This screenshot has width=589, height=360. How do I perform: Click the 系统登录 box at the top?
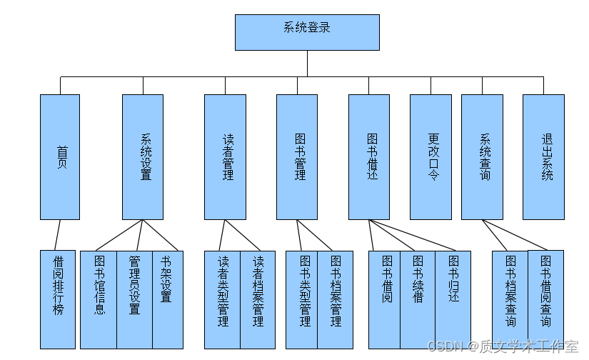(x=307, y=32)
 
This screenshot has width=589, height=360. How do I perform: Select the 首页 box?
(x=60, y=157)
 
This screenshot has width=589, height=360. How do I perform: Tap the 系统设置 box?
(x=143, y=157)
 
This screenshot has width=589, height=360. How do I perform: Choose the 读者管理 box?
(x=225, y=157)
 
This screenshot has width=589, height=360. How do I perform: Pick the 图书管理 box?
(x=297, y=157)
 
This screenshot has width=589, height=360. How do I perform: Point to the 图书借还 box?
(x=369, y=157)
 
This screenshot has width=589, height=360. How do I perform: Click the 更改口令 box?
(x=431, y=157)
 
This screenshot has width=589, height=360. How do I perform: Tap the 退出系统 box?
(x=543, y=157)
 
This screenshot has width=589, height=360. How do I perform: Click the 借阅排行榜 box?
(x=58, y=299)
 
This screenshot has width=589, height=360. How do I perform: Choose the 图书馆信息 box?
(x=99, y=299)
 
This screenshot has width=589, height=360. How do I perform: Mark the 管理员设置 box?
(x=134, y=299)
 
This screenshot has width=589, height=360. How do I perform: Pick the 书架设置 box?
(x=167, y=299)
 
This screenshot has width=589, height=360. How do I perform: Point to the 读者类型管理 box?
(x=222, y=299)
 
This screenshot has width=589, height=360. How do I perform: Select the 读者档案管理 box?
(x=258, y=299)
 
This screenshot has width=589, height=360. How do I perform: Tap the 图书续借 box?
(x=418, y=299)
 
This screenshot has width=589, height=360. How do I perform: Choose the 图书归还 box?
(x=453, y=299)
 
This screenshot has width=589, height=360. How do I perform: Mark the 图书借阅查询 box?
(x=545, y=299)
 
